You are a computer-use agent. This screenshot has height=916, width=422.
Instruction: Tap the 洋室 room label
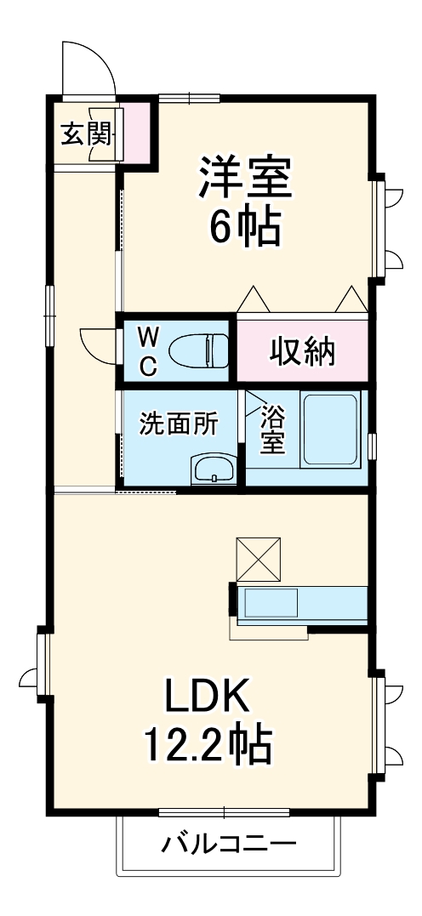coord(246,176)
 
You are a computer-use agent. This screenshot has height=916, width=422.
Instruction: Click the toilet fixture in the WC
coord(199,350)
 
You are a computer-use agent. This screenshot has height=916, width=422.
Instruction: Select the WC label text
coord(147,351)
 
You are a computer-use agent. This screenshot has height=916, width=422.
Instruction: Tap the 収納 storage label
coord(303,351)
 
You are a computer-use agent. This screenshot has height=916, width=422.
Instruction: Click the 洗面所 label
coord(179,424)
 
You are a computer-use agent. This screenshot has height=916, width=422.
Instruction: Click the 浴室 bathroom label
coord(272,430)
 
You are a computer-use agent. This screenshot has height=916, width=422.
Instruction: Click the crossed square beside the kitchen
coord(259,558)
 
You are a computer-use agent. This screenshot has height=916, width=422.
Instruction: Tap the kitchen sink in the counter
coord(271,603)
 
